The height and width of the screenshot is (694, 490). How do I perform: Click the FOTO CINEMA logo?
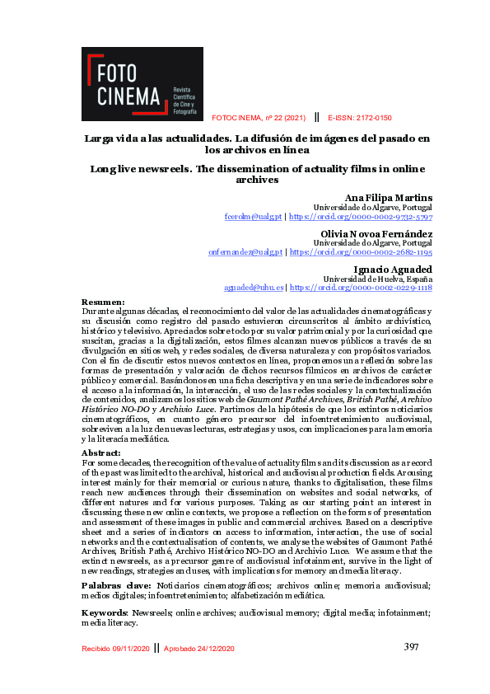142,84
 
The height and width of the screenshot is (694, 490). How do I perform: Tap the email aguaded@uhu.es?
254,288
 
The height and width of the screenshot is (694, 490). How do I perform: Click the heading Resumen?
103,302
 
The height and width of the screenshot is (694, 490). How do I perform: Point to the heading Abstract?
101,453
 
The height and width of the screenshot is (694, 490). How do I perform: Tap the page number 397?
412,647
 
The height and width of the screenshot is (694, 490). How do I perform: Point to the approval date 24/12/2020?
212,649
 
